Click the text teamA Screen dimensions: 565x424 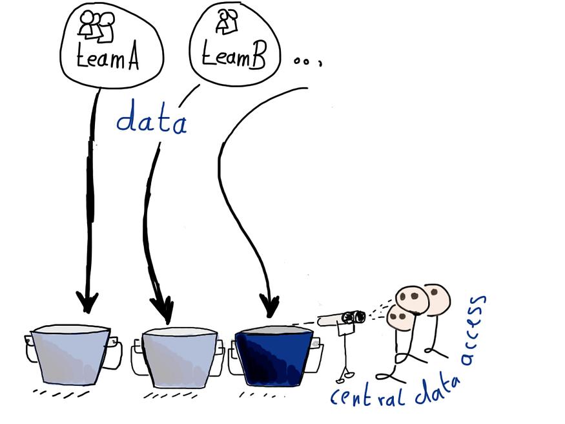click(x=107, y=58)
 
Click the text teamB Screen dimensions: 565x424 click(x=234, y=56)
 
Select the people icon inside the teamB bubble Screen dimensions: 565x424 click(x=227, y=21)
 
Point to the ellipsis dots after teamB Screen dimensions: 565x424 click(x=307, y=62)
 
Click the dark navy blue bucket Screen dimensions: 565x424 click(x=274, y=356)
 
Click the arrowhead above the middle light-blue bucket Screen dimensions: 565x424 click(x=163, y=310)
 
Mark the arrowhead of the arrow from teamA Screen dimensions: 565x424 click(x=87, y=302)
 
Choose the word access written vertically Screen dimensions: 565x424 click(x=475, y=331)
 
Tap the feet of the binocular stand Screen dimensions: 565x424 click(x=345, y=377)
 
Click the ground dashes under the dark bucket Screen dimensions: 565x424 click(x=258, y=395)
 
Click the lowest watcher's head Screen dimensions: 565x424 click(x=400, y=317)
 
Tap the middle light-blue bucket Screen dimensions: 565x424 click(x=179, y=357)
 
